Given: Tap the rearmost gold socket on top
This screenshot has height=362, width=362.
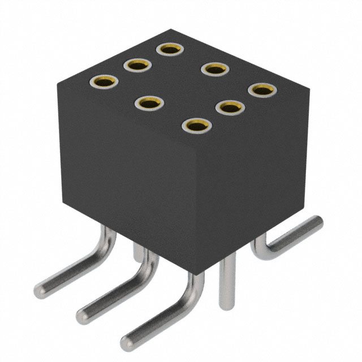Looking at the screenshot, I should (x=169, y=49).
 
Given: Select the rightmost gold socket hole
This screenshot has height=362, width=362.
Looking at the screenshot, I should (x=262, y=90).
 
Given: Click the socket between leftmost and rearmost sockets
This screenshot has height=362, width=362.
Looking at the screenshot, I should (x=136, y=66).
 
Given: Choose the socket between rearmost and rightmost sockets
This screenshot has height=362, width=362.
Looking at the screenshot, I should (x=215, y=70).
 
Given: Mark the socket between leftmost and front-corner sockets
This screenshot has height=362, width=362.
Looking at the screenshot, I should (x=149, y=104).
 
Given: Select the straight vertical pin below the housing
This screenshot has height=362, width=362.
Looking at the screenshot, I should (x=227, y=283).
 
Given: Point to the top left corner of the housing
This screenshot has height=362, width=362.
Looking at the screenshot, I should (x=58, y=84).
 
